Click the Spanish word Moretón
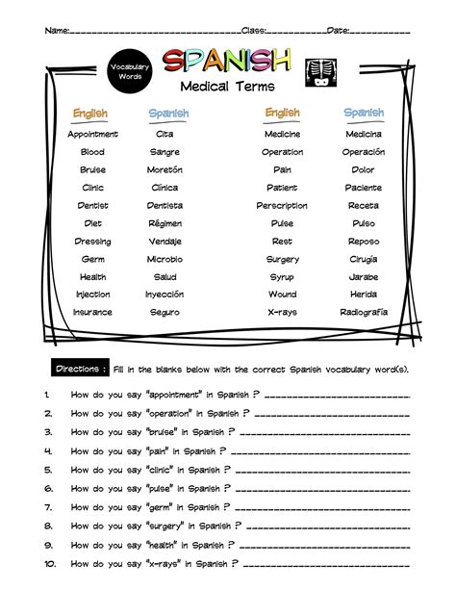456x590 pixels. click(x=165, y=170)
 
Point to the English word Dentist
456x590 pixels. click(x=93, y=206)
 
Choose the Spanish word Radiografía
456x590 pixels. click(x=364, y=312)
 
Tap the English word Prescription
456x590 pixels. click(x=282, y=206)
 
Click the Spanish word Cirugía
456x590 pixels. click(x=364, y=259)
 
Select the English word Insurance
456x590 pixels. click(x=93, y=312)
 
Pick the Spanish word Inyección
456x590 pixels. click(x=165, y=295)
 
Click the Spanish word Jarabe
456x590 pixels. click(x=364, y=277)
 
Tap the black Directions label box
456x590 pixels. click(x=81, y=369)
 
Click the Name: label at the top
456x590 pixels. click(x=57, y=31)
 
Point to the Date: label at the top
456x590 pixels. click(x=339, y=31)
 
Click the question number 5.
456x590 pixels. click(x=47, y=470)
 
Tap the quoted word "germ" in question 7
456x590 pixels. click(x=161, y=507)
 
